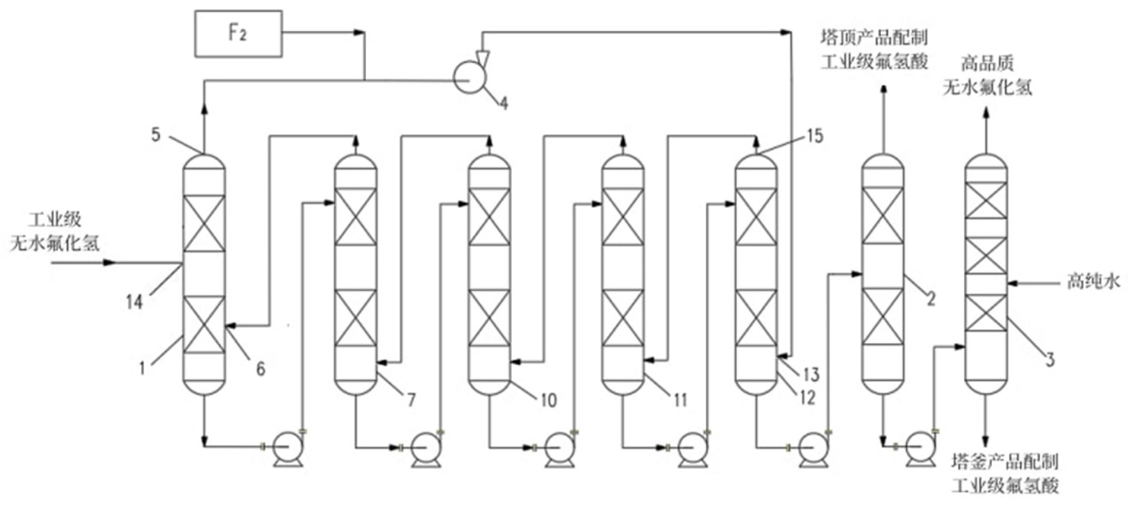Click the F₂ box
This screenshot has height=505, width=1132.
pos(237,34)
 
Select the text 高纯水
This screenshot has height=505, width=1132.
pos(1086,282)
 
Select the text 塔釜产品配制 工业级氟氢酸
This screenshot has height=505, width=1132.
pos(1005,475)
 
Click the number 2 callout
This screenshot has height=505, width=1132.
pos(931,299)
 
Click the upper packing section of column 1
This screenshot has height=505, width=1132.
pos(203,222)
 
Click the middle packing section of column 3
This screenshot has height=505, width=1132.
pos(987,256)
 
